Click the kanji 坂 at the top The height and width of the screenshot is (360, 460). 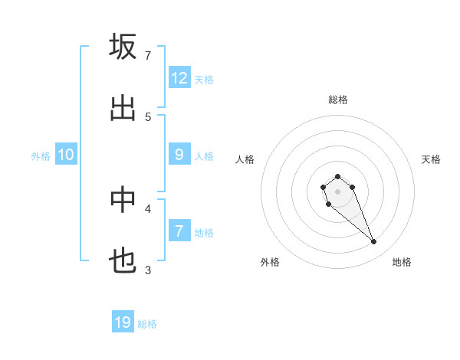[123, 47]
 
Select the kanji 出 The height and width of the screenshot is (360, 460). [123, 108]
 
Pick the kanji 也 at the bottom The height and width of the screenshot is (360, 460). [123, 261]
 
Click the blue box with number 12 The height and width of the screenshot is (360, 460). [179, 78]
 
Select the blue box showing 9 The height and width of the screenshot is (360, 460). [179, 155]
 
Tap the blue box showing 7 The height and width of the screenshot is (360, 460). [179, 231]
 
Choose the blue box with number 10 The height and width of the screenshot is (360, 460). [66, 155]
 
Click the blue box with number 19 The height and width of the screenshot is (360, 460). [123, 322]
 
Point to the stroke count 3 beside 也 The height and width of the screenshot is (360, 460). [148, 270]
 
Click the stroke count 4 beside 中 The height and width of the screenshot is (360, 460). [148, 208]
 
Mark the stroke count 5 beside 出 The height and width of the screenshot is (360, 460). [148, 116]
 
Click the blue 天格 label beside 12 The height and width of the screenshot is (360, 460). [204, 80]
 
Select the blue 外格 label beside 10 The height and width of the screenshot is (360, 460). [41, 156]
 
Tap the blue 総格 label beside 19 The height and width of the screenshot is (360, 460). [147, 324]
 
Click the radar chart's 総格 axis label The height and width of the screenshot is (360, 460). [338, 100]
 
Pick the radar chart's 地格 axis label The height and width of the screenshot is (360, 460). [402, 262]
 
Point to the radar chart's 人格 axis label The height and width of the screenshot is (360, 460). [245, 159]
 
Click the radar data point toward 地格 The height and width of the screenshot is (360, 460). [374, 242]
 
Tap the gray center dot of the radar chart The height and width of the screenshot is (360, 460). [337, 191]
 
